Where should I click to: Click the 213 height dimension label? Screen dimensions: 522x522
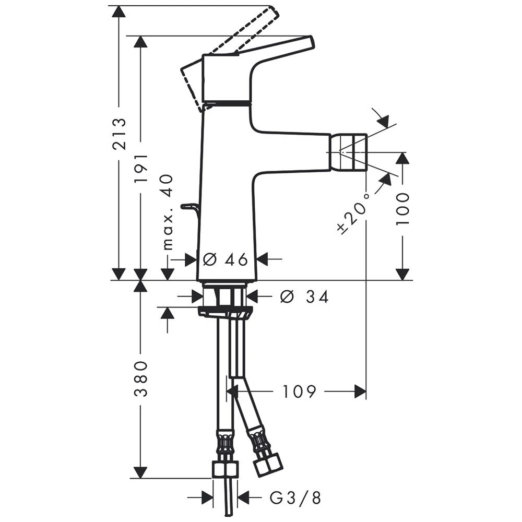pos(119,134)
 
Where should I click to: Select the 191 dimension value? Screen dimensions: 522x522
pos(140,168)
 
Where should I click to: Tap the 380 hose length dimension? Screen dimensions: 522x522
pos(140,378)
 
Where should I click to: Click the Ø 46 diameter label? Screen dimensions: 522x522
pos(225,259)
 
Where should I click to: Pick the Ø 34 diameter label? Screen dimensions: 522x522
pos(304,297)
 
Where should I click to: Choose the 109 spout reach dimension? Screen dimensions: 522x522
pos(299,391)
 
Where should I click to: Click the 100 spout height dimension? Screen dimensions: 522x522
pos(402,208)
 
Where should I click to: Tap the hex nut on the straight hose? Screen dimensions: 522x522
pos(225,469)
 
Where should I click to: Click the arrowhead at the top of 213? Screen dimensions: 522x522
pos(119,11)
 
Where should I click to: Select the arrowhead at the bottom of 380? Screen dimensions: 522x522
pos(140,472)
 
